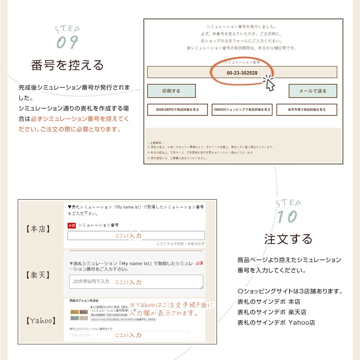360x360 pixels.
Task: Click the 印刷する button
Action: point(171,91)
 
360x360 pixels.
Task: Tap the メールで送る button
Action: point(312,91)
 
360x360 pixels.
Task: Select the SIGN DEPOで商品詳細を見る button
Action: point(177,110)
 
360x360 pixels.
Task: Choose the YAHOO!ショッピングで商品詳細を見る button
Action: point(242,110)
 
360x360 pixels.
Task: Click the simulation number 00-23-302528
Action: point(242,73)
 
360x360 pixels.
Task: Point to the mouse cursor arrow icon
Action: point(269,84)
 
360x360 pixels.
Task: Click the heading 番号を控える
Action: point(67,65)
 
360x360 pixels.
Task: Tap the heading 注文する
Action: point(288,239)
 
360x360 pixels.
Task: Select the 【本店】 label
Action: point(38,229)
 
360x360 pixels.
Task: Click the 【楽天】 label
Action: point(38,275)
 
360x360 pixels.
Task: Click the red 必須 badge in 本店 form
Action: point(72,225)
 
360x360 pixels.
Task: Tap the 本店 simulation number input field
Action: point(136,235)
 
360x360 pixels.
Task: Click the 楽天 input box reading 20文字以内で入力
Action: point(136,282)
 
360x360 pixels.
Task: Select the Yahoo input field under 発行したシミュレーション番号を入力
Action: point(129,335)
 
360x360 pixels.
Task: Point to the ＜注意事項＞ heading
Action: point(156,143)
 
